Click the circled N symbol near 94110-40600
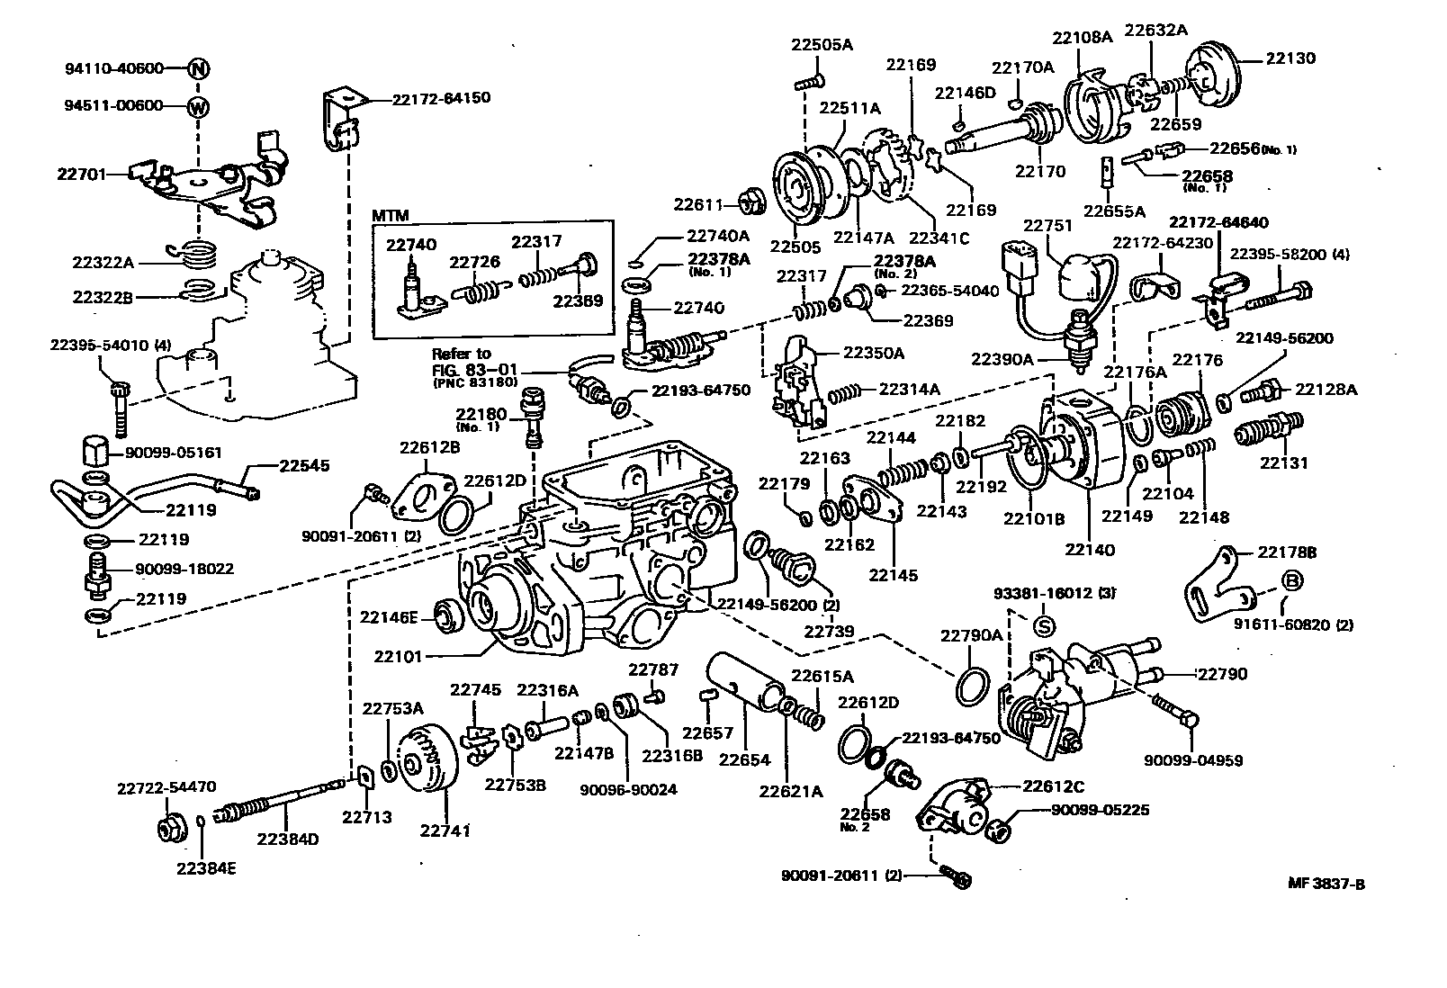point(199,68)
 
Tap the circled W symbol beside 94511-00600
point(199,106)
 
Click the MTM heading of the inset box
point(391,216)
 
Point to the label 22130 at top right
point(1290,58)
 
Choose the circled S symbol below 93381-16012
point(1044,624)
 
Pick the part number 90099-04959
point(1193,760)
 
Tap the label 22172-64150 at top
point(441,97)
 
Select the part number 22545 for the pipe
point(303,466)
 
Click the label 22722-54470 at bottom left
point(166,787)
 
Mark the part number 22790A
point(971,635)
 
